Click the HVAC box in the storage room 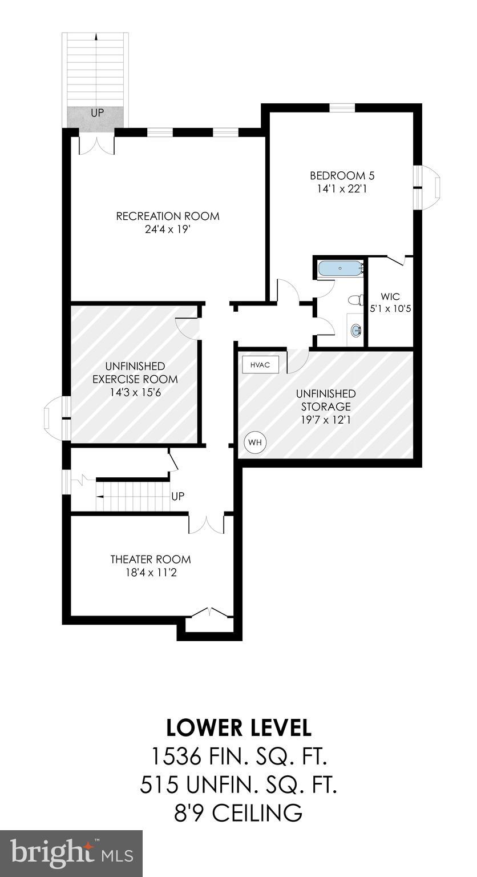pyautogui.click(x=260, y=365)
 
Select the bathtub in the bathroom pyautogui.click(x=340, y=268)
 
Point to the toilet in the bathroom pyautogui.click(x=356, y=299)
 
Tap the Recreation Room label pyautogui.click(x=168, y=216)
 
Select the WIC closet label pyautogui.click(x=390, y=297)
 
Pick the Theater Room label pyautogui.click(x=151, y=560)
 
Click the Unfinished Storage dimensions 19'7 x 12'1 pyautogui.click(x=325, y=420)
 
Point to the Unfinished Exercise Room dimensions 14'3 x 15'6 pyautogui.click(x=135, y=392)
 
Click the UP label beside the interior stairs pyautogui.click(x=177, y=496)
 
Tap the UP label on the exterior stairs pyautogui.click(x=98, y=113)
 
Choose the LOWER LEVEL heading pyautogui.click(x=238, y=728)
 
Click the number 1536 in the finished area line pyautogui.click(x=175, y=757)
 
